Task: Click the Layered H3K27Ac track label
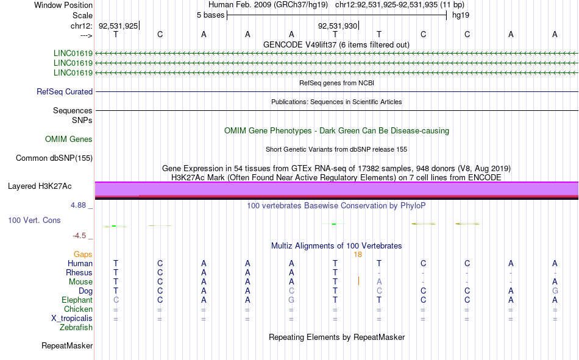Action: pyautogui.click(x=40, y=186)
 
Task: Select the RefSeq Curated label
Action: pyautogui.click(x=65, y=91)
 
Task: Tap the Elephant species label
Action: pyautogui.click(x=77, y=300)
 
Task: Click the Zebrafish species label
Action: pyautogui.click(x=76, y=328)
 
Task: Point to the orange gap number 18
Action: pyautogui.click(x=358, y=255)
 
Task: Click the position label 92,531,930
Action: pyautogui.click(x=338, y=26)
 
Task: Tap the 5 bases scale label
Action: pyautogui.click(x=210, y=15)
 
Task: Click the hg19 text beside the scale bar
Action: pyautogui.click(x=461, y=15)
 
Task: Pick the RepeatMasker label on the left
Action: pyautogui.click(x=67, y=346)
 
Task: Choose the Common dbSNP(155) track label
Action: pyautogui.click(x=54, y=158)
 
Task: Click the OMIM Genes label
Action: pyautogui.click(x=69, y=139)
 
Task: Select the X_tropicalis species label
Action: pyautogui.click(x=72, y=319)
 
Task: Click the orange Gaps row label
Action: pyautogui.click(x=83, y=255)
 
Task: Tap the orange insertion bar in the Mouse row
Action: pyautogui.click(x=358, y=281)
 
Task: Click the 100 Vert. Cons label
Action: pyautogui.click(x=34, y=221)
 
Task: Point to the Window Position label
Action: pyautogui.click(x=63, y=5)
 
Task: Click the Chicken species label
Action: pyautogui.click(x=78, y=309)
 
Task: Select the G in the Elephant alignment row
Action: pyautogui.click(x=291, y=300)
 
